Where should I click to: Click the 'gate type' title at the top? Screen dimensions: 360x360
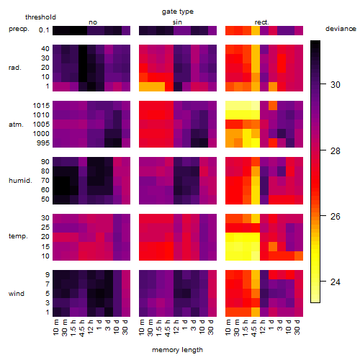178,12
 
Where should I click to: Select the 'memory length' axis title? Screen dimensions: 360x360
177,350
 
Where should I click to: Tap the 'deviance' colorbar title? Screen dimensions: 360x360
341,29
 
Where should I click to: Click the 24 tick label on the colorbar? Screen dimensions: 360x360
336,282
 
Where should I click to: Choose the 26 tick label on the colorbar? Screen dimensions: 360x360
336,217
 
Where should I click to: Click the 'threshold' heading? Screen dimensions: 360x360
40,17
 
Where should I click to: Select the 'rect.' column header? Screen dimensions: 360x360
262,22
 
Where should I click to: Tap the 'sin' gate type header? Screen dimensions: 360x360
177,22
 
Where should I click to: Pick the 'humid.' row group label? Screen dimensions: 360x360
20,181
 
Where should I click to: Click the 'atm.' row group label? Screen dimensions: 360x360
16,125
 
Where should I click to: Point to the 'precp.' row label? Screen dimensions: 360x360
19,29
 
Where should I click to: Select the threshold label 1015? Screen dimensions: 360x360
41,106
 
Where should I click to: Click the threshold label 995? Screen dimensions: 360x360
43,143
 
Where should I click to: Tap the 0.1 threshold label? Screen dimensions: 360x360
44,30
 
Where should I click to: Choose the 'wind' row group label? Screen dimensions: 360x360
17,294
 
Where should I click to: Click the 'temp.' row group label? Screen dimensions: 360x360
18,236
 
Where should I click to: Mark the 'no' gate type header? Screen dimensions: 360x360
93,22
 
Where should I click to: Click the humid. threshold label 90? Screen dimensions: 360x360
45,162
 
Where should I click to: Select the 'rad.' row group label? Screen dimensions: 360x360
15,68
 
